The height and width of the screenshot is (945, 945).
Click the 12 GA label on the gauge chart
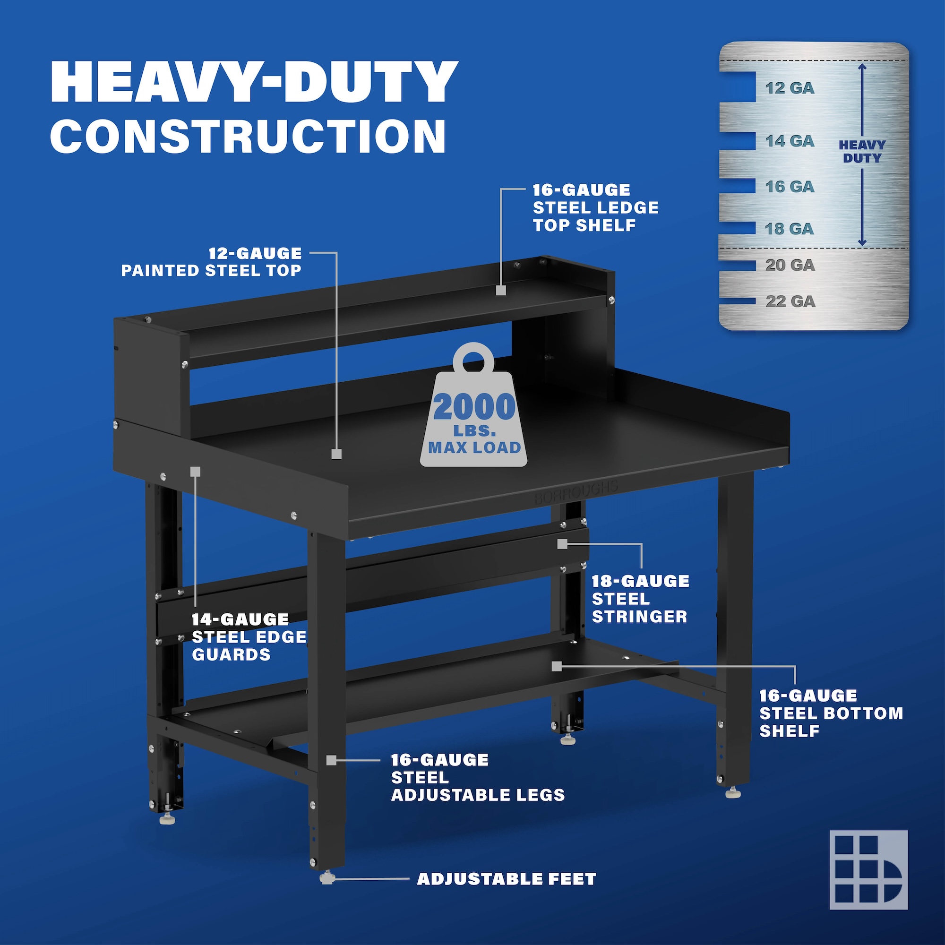pos(790,88)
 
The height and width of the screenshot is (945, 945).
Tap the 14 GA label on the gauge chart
pos(790,141)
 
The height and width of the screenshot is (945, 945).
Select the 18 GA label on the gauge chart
pos(790,228)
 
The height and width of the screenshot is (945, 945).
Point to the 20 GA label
pos(790,265)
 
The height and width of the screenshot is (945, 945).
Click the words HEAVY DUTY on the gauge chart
pos(862,152)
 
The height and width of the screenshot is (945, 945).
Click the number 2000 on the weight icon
pos(474,407)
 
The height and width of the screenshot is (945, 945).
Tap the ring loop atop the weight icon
pos(473,360)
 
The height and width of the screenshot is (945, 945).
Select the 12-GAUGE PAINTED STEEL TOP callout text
pos(211,262)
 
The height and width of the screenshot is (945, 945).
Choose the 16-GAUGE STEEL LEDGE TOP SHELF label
pos(595,207)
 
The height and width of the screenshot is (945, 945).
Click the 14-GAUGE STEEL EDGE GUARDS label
pos(249,636)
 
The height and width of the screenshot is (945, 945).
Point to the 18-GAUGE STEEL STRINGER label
pos(640,599)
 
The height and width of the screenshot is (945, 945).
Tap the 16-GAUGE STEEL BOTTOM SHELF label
pos(831,713)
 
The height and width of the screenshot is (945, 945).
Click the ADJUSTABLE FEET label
pos(506,879)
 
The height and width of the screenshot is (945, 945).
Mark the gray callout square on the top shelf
pos(500,290)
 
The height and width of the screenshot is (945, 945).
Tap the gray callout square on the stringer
pos(562,543)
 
